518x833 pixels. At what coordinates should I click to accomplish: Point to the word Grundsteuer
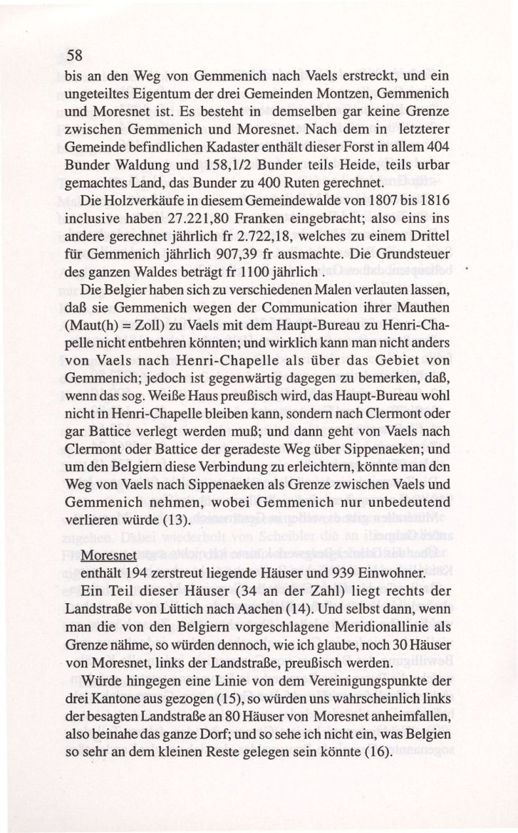pos(407,253)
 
